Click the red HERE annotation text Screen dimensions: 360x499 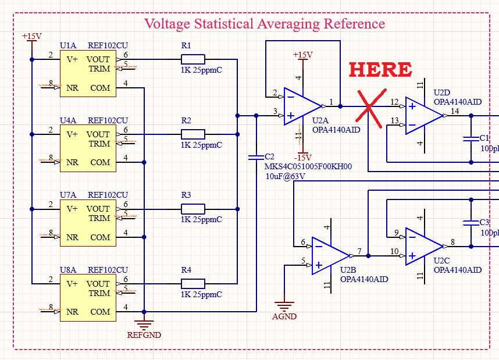(380, 69)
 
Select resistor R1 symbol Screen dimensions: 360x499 (193, 59)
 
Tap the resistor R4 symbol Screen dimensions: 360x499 (193, 284)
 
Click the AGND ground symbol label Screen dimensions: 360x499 (284, 317)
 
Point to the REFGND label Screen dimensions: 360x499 (144, 335)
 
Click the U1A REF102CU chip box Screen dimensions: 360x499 (88, 73)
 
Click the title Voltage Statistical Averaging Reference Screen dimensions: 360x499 (264, 24)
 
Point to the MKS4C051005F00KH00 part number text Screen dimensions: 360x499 (308, 166)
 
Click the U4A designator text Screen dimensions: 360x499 (67, 120)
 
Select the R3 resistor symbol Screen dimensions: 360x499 (193, 209)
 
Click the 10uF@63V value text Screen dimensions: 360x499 (285, 176)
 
